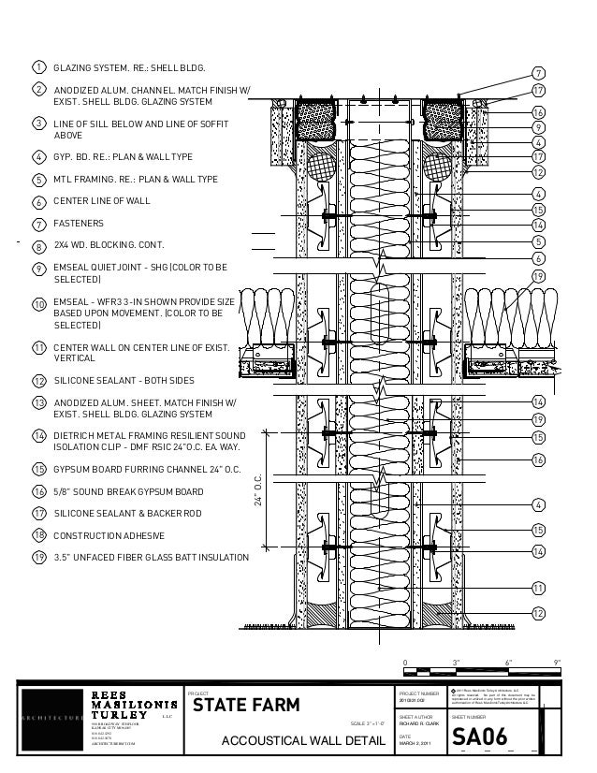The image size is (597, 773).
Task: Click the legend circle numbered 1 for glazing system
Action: pos(39,68)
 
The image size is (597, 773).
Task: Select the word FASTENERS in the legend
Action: pos(79,224)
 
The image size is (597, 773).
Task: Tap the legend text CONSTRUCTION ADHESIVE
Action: pos(109,534)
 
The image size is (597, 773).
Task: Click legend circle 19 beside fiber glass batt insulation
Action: pos(39,558)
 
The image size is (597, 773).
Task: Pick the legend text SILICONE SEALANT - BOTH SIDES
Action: pos(124,381)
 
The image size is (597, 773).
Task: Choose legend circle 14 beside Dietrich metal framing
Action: pos(39,436)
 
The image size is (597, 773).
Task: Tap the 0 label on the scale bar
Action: pos(405,662)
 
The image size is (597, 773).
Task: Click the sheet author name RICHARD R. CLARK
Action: pos(417,724)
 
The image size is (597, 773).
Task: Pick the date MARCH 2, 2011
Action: pos(415,745)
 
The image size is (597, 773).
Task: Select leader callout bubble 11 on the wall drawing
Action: pos(538,587)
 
